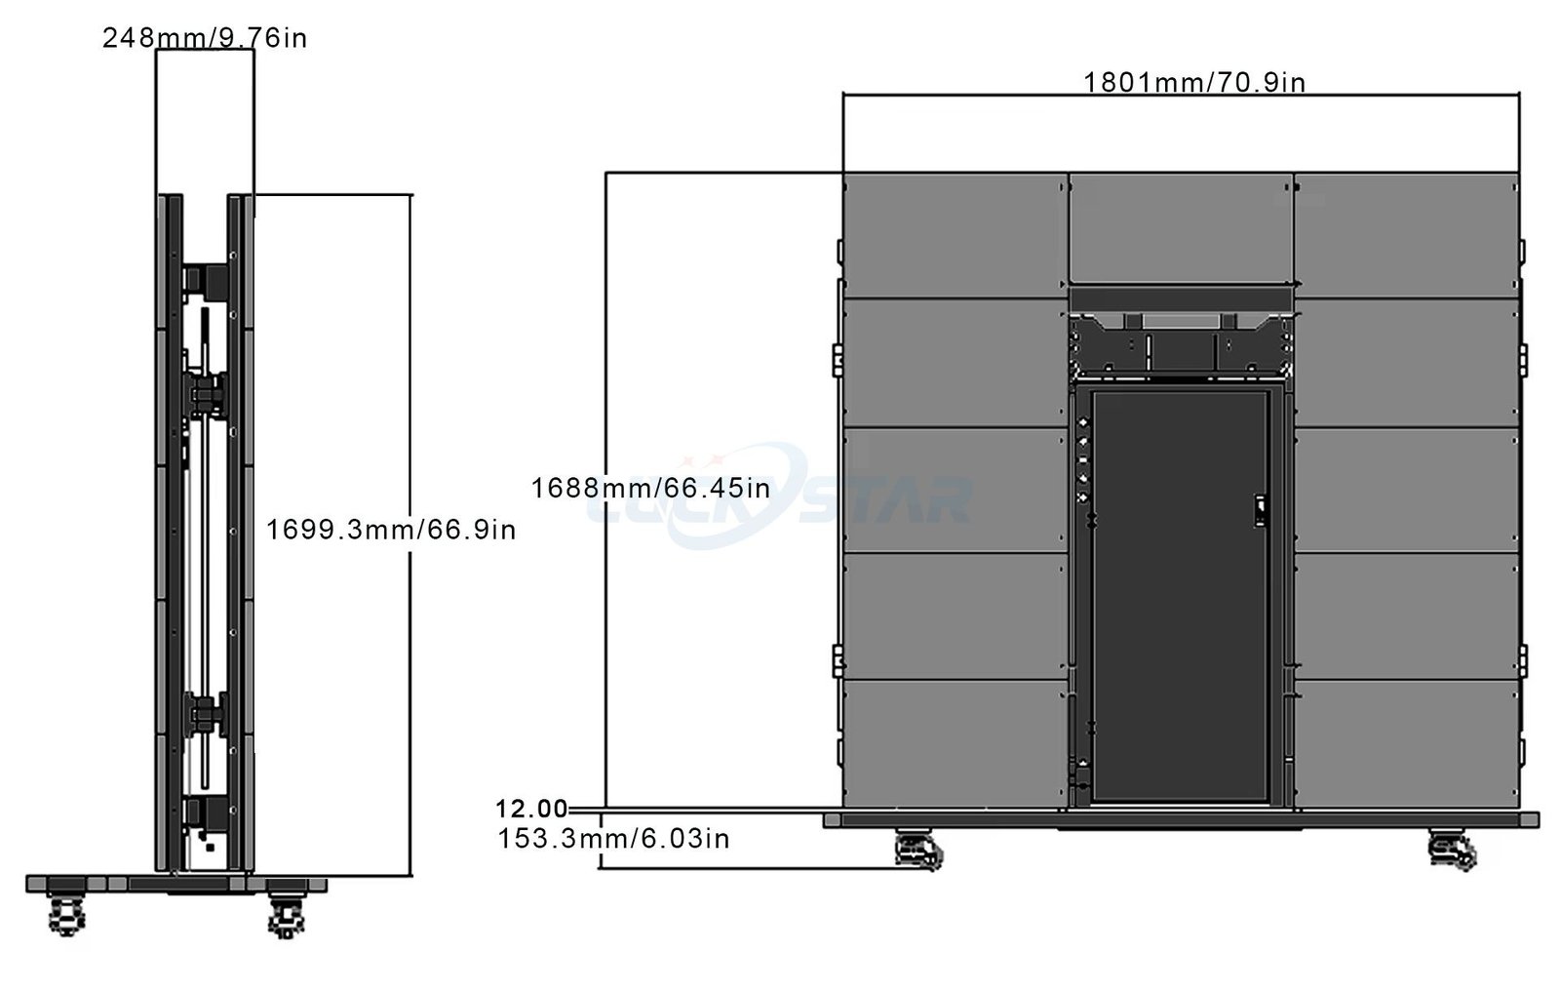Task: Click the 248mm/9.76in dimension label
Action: click(x=205, y=38)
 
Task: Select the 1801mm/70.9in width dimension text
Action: click(x=1194, y=82)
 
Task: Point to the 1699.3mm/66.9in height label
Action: click(x=391, y=530)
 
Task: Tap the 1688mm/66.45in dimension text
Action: click(x=650, y=488)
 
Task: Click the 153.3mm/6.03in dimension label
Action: click(x=613, y=838)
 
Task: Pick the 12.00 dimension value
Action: click(x=531, y=809)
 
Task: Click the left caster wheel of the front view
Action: click(x=918, y=851)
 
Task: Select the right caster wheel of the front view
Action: click(x=1452, y=851)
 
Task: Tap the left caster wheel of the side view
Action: click(x=67, y=915)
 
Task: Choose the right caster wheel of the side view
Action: click(x=287, y=915)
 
